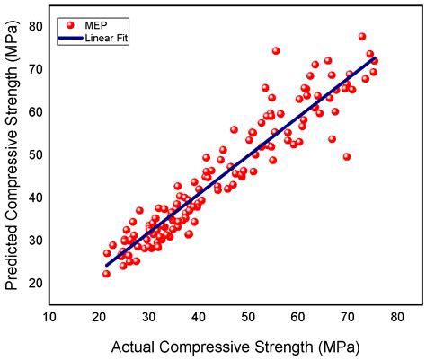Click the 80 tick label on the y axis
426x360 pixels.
click(x=32, y=26)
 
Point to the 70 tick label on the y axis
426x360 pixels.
click(x=32, y=69)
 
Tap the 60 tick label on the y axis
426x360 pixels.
click(x=32, y=111)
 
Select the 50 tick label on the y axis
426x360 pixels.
click(x=32, y=154)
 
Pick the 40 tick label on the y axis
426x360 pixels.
click(x=32, y=197)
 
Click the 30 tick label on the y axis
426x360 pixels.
click(x=32, y=240)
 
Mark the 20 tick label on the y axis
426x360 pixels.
click(x=32, y=282)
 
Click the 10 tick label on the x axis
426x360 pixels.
click(x=52, y=317)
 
